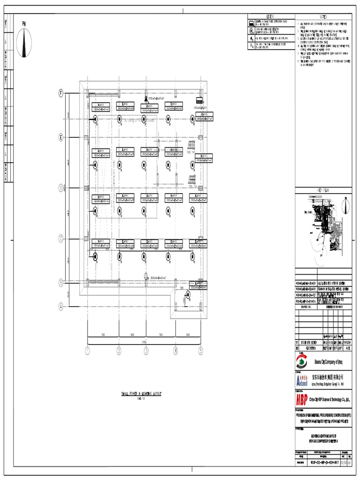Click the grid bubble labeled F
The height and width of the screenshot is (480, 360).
click(x=60, y=93)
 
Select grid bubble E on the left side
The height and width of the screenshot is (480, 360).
click(x=60, y=137)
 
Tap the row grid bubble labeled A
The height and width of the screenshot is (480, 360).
click(x=60, y=307)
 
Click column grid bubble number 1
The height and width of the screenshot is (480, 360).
click(x=87, y=350)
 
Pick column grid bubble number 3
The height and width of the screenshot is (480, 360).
click(x=146, y=350)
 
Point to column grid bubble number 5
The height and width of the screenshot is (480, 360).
click(x=201, y=350)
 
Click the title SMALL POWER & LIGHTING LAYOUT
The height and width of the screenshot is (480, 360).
click(x=141, y=394)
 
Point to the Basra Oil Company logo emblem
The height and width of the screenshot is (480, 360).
click(x=302, y=362)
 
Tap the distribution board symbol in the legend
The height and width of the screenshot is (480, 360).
click(x=251, y=22)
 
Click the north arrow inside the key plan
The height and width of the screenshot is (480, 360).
click(x=345, y=205)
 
